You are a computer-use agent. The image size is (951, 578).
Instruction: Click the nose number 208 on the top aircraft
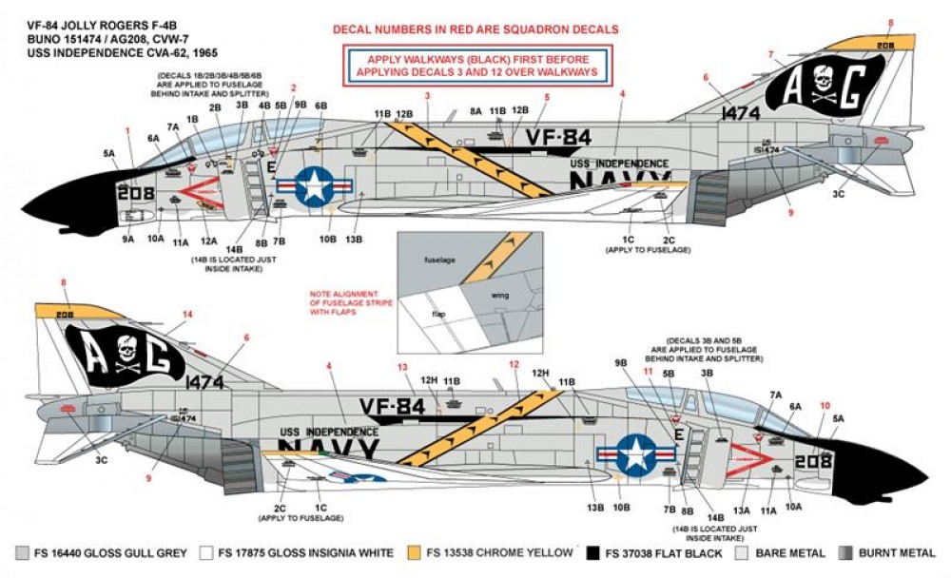(134, 192)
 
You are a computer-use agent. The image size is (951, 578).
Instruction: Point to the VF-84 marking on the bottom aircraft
(392, 407)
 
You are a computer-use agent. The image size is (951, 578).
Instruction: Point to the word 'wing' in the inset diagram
(499, 295)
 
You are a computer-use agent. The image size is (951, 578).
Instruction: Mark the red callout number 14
(187, 314)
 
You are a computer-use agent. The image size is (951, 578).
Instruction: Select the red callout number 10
(825, 405)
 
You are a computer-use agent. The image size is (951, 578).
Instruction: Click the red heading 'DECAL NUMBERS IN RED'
(475, 29)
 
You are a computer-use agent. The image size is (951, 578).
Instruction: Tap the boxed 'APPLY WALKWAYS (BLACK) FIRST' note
(475, 65)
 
